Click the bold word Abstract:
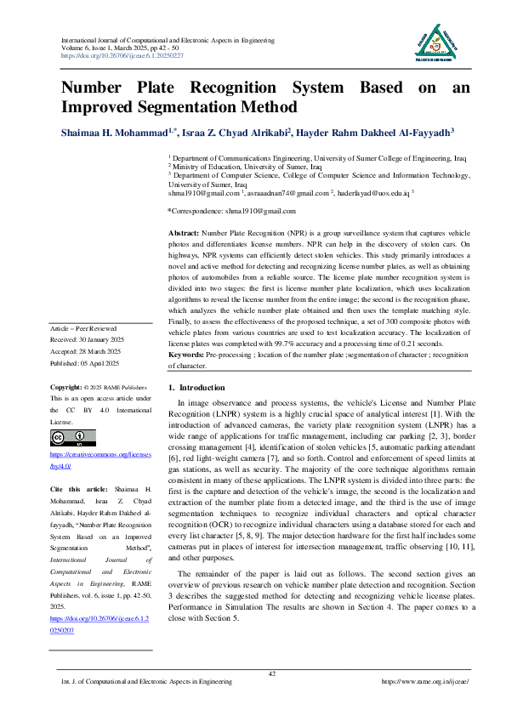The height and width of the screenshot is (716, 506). [x=184, y=232]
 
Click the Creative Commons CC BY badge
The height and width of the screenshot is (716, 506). [x=71, y=439]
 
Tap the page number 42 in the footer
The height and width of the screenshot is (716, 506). [x=271, y=673]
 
